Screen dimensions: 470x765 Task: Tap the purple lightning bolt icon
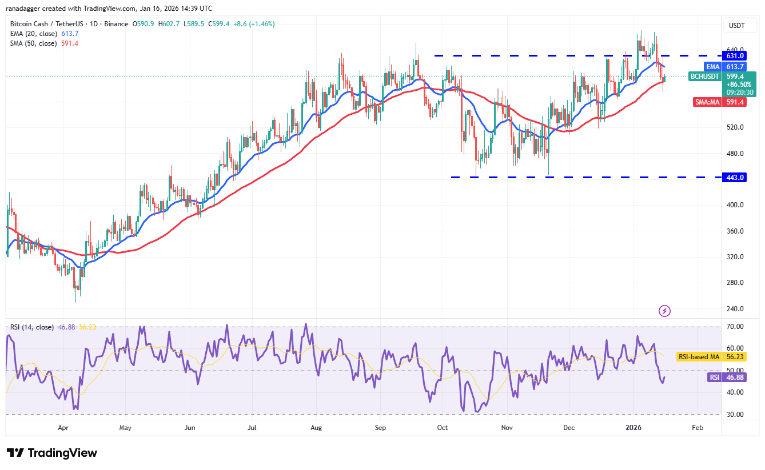pos(664,311)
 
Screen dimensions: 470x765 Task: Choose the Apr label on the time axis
pos(63,427)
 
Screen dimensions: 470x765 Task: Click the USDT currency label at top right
pos(736,25)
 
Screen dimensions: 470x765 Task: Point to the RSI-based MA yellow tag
pos(698,357)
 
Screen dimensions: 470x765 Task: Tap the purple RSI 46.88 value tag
pos(720,377)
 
